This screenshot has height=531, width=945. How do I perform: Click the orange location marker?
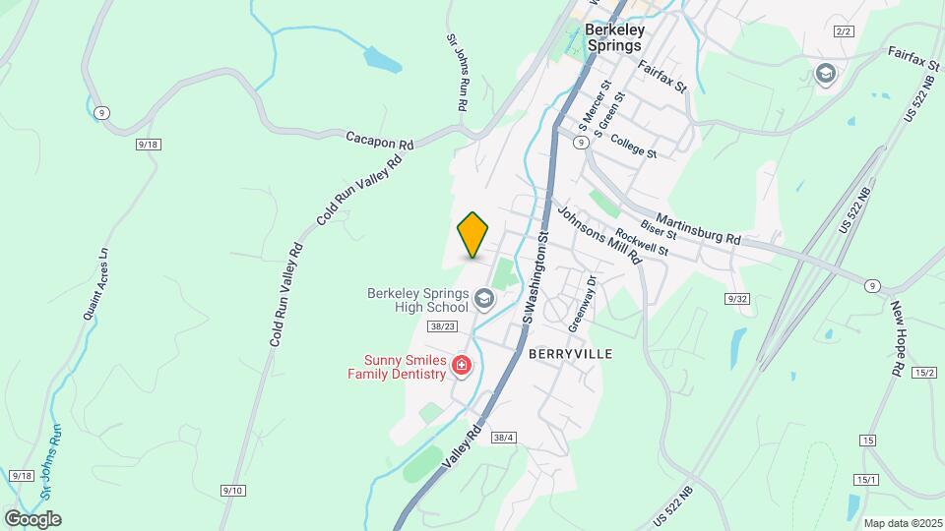[472, 235]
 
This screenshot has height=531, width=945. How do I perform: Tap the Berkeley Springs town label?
[613, 37]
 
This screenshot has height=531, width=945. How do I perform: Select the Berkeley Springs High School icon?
[483, 297]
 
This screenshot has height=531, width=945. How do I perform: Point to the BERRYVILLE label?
[570, 353]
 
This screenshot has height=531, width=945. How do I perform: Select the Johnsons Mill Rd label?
[599, 235]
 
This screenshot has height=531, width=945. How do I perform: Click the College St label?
[633, 147]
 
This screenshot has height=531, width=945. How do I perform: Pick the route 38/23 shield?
[443, 325]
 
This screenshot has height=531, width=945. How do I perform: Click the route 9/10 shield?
[233, 490]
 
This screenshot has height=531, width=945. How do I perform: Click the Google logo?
[32, 519]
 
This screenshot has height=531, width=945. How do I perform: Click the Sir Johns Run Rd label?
[457, 71]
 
